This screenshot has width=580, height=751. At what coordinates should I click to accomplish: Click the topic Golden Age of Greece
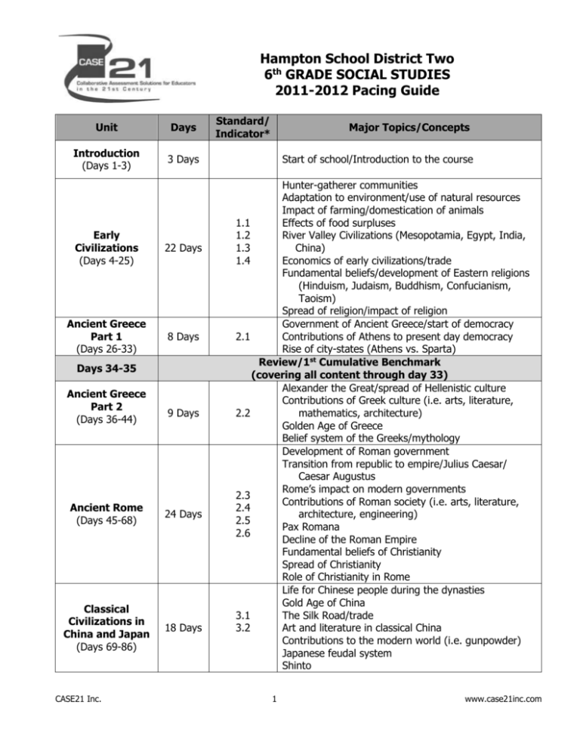click(x=335, y=425)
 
